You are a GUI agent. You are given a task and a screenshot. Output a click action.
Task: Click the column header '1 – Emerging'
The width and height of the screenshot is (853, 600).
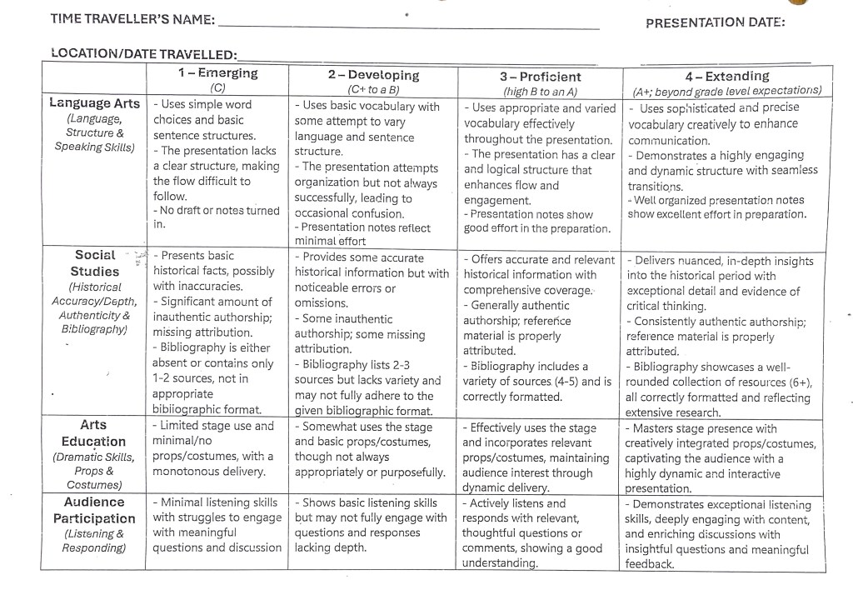click(217, 73)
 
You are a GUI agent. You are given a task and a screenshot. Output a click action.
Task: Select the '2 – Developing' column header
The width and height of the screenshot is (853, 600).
click(373, 75)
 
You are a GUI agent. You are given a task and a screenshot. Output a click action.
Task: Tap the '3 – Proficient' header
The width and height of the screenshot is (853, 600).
click(540, 77)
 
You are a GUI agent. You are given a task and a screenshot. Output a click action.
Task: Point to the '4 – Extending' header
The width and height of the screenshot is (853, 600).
click(726, 77)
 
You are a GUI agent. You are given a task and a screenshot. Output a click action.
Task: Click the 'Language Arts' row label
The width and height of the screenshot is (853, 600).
click(95, 103)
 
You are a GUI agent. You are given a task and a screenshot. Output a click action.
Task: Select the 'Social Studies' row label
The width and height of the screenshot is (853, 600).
click(96, 263)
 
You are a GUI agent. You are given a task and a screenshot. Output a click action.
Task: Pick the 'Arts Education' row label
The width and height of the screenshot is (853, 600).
click(93, 433)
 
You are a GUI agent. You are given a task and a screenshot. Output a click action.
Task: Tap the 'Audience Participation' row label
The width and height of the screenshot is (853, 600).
click(94, 510)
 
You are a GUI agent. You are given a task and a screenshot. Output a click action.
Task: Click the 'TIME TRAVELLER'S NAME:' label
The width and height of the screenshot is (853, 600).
click(132, 18)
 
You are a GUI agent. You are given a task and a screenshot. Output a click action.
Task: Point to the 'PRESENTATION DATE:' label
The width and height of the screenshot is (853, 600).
click(715, 22)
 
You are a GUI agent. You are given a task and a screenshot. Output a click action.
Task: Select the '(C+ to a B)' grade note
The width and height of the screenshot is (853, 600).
click(372, 89)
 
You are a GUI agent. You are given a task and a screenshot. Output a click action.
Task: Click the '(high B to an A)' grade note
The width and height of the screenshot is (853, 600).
click(540, 91)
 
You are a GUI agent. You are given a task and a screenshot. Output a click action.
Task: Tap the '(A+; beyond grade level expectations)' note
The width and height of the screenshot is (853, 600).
click(726, 91)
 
